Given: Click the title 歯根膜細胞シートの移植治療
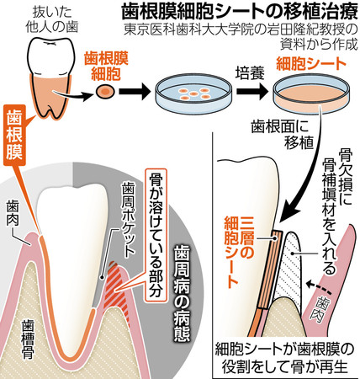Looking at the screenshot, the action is (240, 13).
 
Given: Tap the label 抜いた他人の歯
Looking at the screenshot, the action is (52, 19).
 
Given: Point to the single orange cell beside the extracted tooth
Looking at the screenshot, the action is (105, 91).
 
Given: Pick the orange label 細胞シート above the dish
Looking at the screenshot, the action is (310, 64).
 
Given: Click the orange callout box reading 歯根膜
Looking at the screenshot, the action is (14, 135).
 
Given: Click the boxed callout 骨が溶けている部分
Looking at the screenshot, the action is (156, 235).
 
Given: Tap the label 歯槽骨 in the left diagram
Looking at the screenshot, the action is (29, 339).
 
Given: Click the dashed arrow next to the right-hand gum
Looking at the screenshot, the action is (319, 287).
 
